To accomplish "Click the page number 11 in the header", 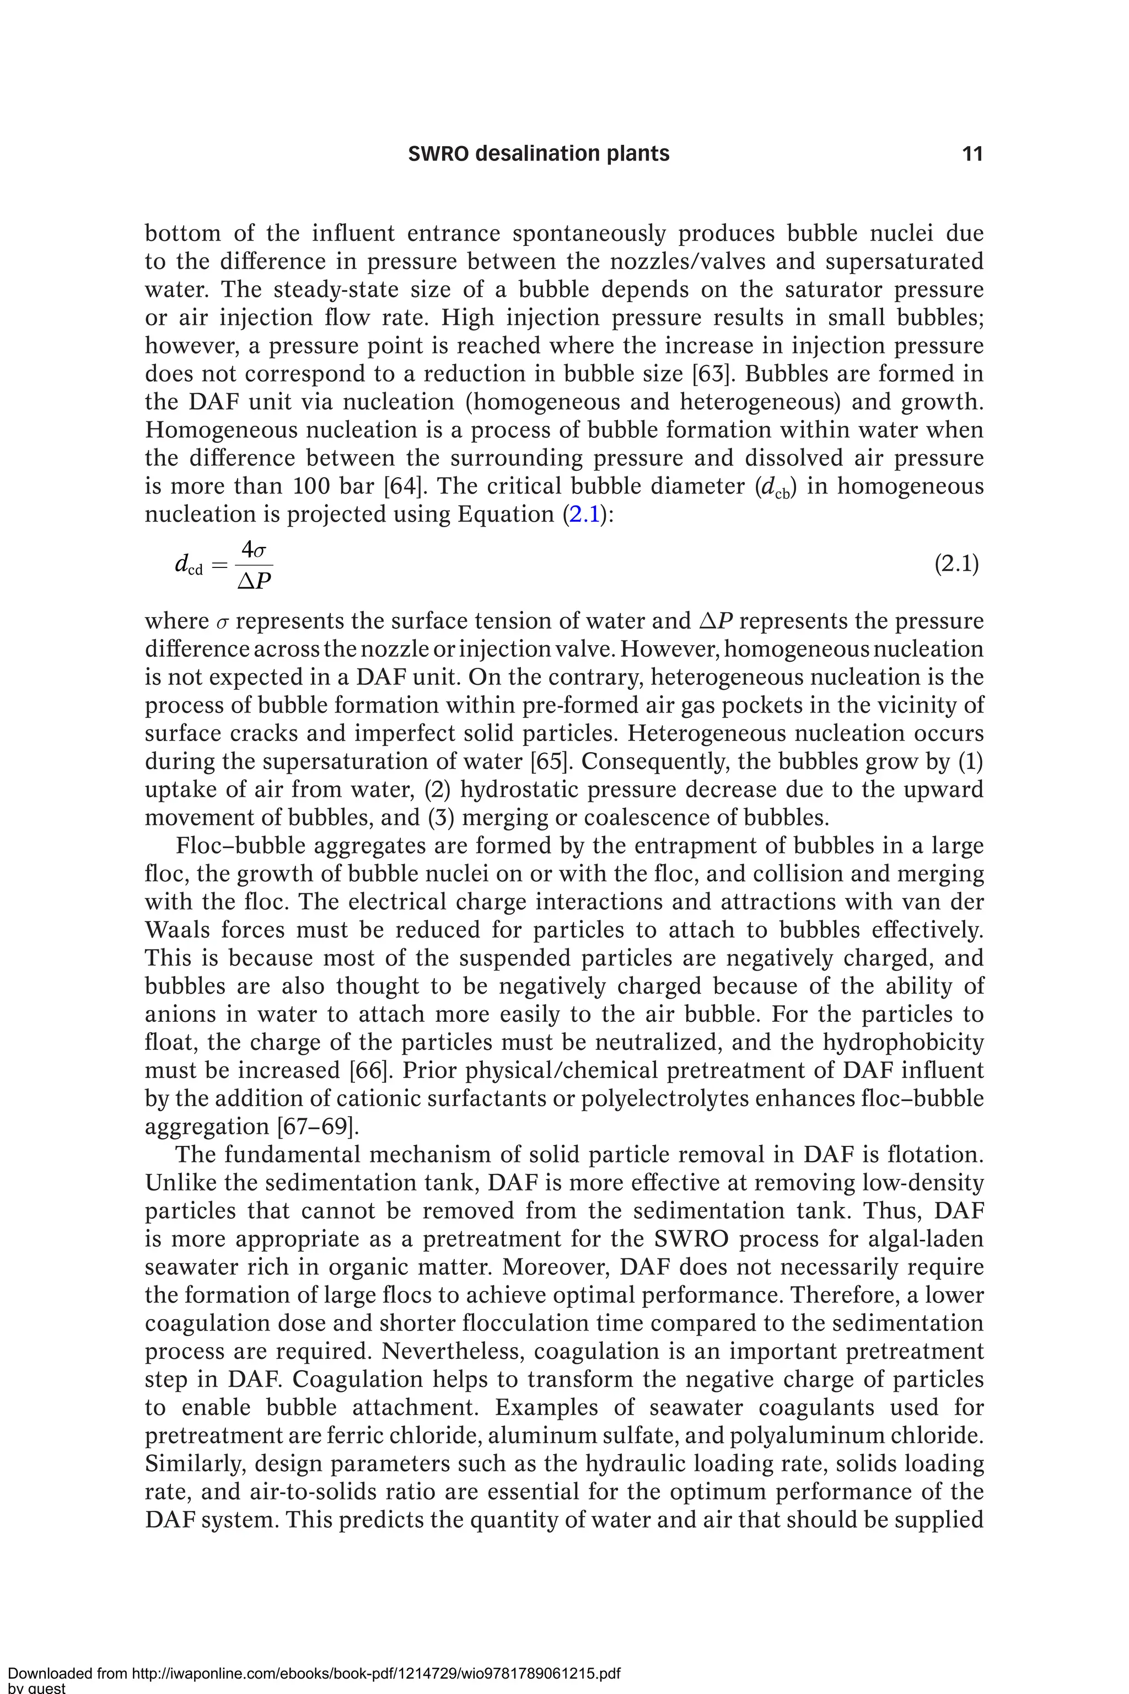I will click(972, 153).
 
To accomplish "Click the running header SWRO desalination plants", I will click(539, 153).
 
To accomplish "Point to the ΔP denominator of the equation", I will click(254, 580).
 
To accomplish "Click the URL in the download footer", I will click(374, 1673).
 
